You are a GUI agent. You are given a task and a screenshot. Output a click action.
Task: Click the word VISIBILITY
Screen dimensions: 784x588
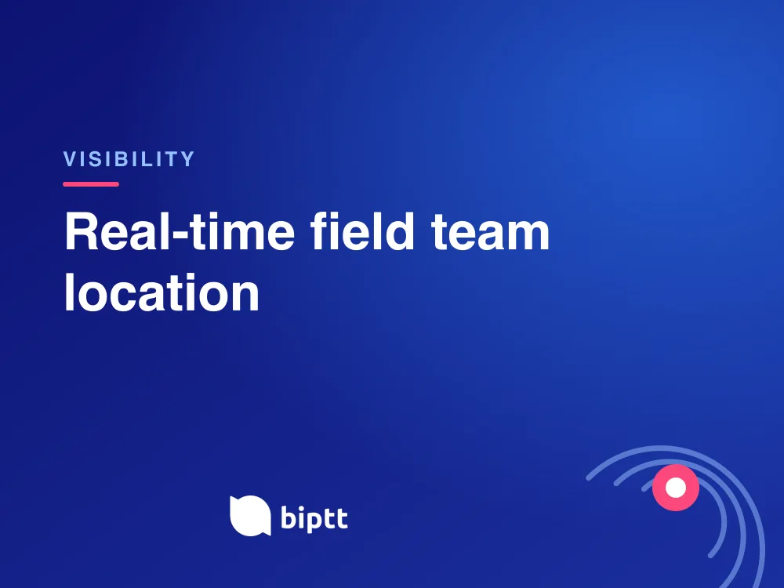pyautogui.click(x=129, y=159)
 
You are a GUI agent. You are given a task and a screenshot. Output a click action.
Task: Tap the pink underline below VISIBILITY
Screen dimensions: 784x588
pyautogui.click(x=91, y=184)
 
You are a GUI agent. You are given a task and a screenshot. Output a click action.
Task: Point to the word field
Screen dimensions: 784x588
pyautogui.click(x=362, y=230)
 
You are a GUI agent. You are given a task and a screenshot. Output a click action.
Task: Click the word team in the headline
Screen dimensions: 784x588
pyautogui.click(x=491, y=233)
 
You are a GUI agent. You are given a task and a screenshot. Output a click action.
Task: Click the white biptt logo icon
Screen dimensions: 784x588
pyautogui.click(x=250, y=516)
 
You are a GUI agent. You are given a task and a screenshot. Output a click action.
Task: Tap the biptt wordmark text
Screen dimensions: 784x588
pyautogui.click(x=314, y=518)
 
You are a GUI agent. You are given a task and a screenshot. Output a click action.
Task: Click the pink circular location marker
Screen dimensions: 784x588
pyautogui.click(x=676, y=488)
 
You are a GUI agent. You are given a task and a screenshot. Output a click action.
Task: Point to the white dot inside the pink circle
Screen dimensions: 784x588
pyautogui.click(x=676, y=488)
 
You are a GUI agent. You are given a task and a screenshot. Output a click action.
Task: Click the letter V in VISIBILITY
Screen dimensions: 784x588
pyautogui.click(x=70, y=159)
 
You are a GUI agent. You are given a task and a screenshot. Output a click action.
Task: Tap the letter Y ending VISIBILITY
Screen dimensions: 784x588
pyautogui.click(x=187, y=159)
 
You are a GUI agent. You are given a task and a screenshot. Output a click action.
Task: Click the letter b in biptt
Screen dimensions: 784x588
pyautogui.click(x=289, y=517)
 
